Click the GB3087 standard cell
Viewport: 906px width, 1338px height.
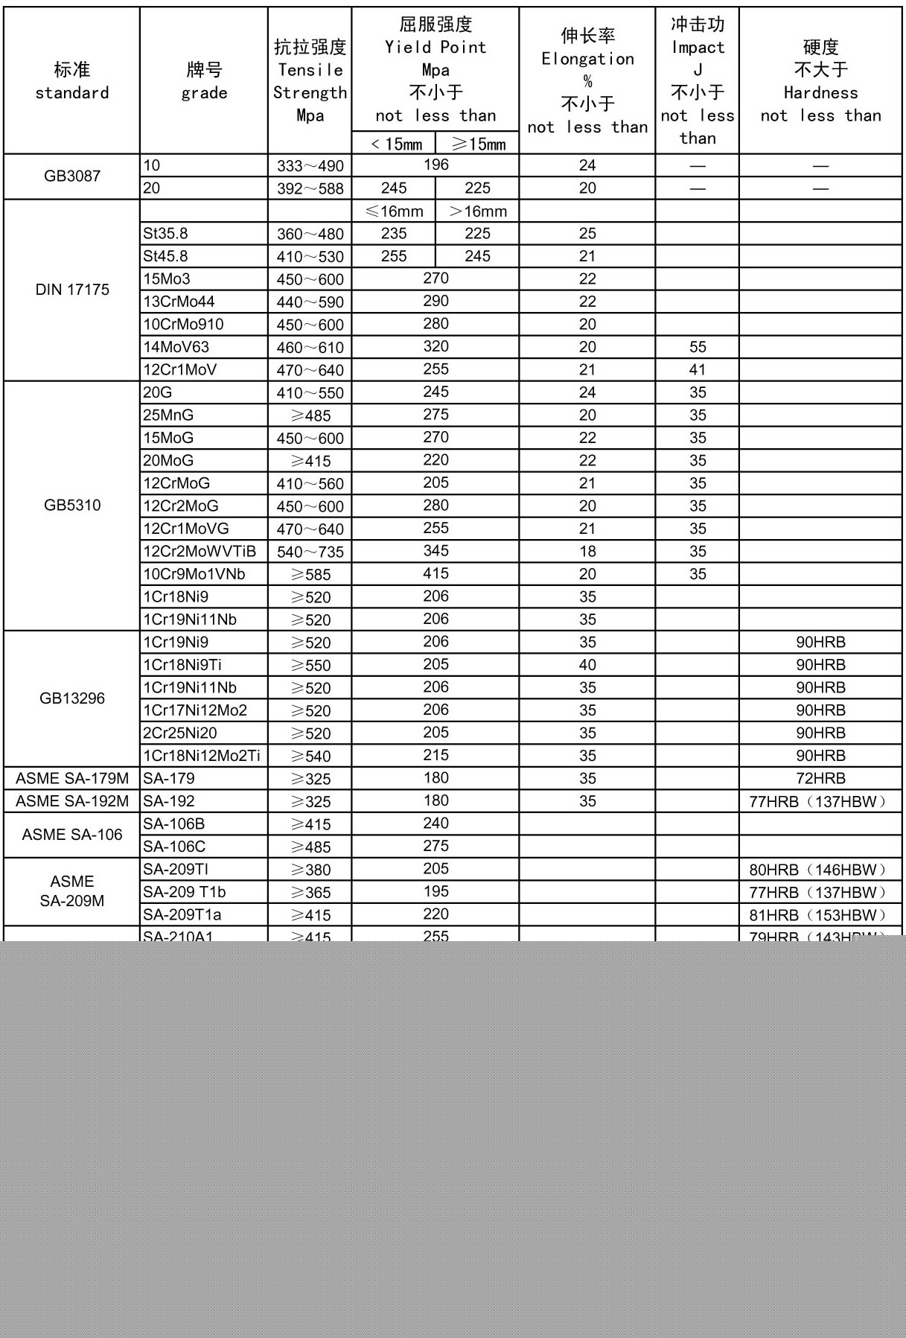(x=72, y=176)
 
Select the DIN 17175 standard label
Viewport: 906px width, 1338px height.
(x=72, y=290)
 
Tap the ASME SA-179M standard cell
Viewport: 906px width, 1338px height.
(x=72, y=779)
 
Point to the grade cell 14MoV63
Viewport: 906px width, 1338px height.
(x=176, y=347)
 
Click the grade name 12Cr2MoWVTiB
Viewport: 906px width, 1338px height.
(x=200, y=552)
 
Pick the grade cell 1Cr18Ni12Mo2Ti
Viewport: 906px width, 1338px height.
(x=202, y=756)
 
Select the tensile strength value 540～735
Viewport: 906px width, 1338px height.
(x=310, y=552)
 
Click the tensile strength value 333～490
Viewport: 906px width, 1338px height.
(x=310, y=166)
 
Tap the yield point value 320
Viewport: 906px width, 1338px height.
(x=436, y=346)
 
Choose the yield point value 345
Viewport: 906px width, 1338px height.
(x=436, y=551)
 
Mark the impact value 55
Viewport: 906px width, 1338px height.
(x=698, y=347)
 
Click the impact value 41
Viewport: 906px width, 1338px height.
(x=698, y=369)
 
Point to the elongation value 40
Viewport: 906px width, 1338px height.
(x=587, y=665)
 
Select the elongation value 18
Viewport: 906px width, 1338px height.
(x=587, y=552)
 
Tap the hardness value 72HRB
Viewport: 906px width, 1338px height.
(x=820, y=779)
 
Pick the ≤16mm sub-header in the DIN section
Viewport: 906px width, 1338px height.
(x=395, y=211)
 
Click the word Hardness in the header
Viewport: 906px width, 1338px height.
(x=820, y=93)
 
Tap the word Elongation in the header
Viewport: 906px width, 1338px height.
(x=587, y=59)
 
